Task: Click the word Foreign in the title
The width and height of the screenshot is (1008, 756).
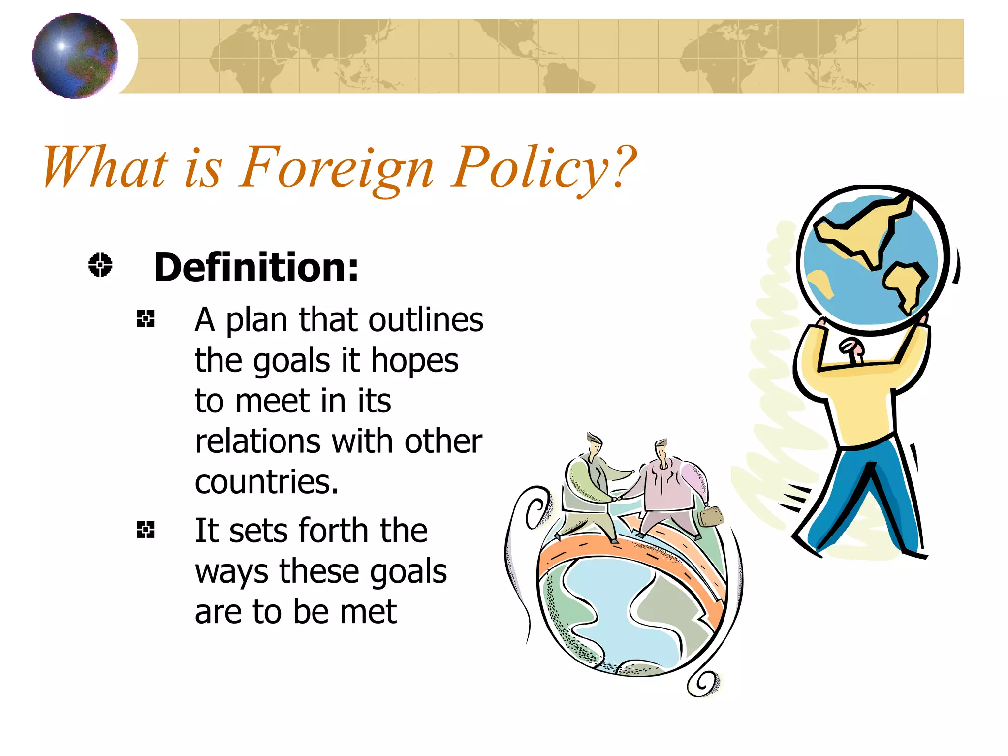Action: [x=336, y=167]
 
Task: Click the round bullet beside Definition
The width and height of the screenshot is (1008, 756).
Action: [x=100, y=265]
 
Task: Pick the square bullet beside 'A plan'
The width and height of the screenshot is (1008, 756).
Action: [x=146, y=319]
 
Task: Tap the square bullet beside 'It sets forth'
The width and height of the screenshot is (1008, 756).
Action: [x=146, y=530]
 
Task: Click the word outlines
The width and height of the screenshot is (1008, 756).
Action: [x=426, y=320]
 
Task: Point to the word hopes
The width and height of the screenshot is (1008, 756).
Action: [x=414, y=361]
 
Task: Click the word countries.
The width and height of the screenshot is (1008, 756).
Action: [x=266, y=482]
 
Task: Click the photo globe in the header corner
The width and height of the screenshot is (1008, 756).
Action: [x=75, y=56]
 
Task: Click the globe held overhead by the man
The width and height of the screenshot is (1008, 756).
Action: [x=872, y=259]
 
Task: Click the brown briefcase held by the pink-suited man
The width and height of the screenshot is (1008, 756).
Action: [x=710, y=516]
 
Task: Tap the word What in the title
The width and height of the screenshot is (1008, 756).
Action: [x=106, y=167]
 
